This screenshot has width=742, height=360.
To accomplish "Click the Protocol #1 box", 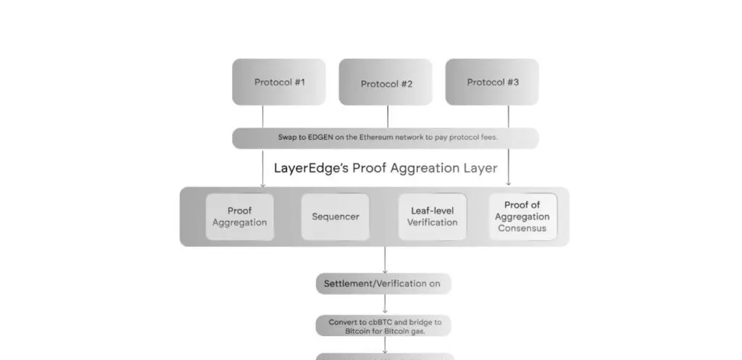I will click(279, 82).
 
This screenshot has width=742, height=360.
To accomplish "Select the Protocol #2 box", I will click(386, 83).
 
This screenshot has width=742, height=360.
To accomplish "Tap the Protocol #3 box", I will click(492, 82).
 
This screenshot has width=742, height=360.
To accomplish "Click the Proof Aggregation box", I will click(240, 217).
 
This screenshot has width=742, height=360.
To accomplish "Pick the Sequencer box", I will click(335, 217).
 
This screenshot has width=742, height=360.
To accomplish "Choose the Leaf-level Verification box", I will click(432, 217).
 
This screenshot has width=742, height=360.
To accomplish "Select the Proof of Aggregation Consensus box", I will click(522, 217).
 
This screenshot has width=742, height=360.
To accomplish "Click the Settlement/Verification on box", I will click(383, 284).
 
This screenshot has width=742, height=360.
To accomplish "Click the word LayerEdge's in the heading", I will click(312, 168).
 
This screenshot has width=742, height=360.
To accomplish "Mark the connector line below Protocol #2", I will click(388, 117).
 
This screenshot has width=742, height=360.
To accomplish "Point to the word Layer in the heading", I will click(480, 168).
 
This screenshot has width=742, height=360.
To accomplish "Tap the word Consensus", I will click(522, 228).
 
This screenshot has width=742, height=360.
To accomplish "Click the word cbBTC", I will click(384, 322).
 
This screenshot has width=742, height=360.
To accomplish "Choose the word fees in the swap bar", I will click(487, 137).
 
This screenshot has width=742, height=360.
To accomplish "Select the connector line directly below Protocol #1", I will click(262, 117).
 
